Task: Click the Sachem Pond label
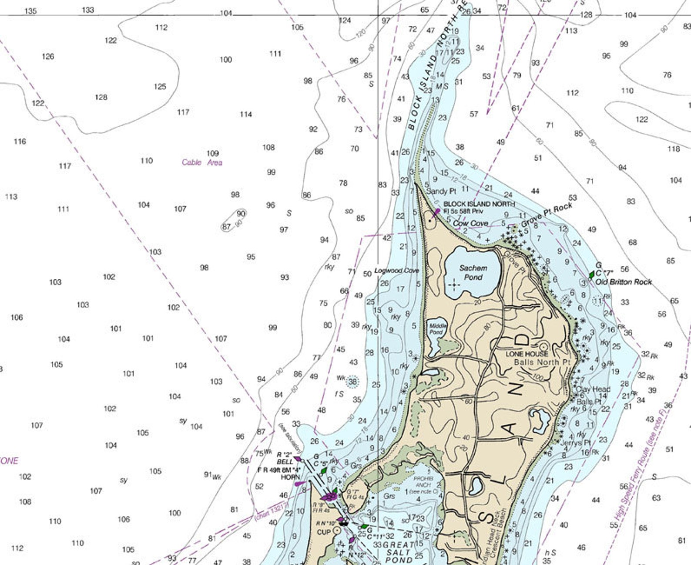coord(473,273)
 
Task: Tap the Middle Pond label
coord(437,329)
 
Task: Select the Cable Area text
coord(202,162)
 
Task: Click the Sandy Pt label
coord(441,191)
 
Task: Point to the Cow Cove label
coord(470,223)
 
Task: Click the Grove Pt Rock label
coord(547,215)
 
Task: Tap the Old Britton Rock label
coord(624,282)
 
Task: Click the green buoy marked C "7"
coord(591,275)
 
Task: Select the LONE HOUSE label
coord(527,354)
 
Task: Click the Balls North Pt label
coord(542,362)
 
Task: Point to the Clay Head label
coord(593,389)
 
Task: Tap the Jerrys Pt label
coord(575,443)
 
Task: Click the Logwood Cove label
coord(396,271)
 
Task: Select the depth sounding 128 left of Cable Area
coord(101,97)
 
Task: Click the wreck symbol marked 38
coord(352,382)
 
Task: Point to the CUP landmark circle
coord(336,531)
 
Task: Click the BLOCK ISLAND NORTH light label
coord(479,204)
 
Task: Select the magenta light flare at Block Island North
coord(436,212)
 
